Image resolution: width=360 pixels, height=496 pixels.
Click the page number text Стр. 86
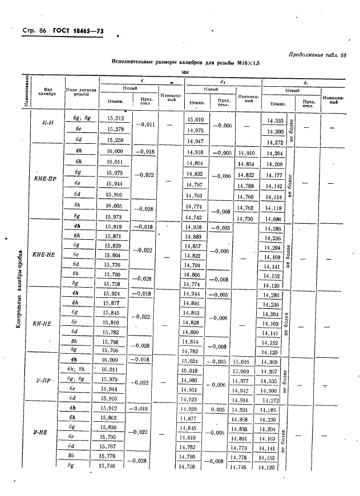click(x=34, y=34)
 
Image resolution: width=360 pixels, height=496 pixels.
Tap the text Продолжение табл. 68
click(x=318, y=55)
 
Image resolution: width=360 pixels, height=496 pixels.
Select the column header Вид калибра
click(x=49, y=94)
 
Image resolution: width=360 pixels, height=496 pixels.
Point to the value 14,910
click(x=246, y=153)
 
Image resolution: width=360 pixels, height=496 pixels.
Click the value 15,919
click(x=115, y=228)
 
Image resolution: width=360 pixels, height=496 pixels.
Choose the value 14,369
click(x=272, y=362)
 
